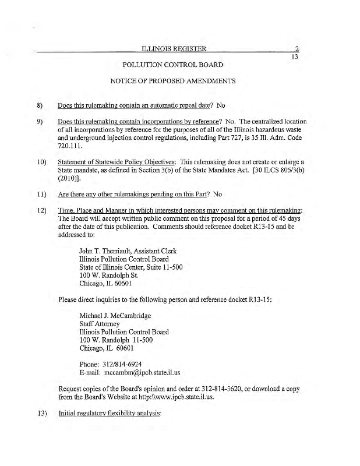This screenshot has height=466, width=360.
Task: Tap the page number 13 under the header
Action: click(x=294, y=57)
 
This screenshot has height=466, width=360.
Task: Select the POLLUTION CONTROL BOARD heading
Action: click(x=173, y=65)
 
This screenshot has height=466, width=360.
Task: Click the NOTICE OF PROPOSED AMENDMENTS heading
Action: click(x=173, y=81)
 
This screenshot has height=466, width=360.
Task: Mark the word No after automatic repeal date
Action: click(x=221, y=106)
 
